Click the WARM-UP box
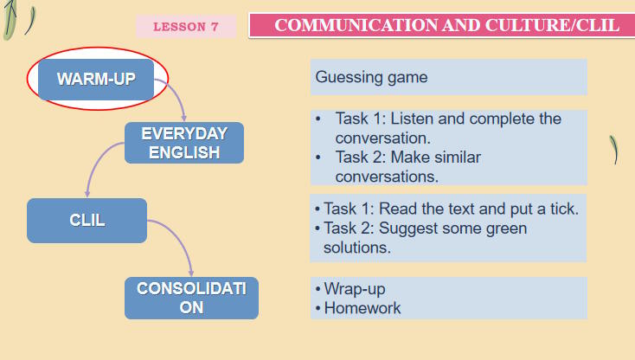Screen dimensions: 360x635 click(x=96, y=80)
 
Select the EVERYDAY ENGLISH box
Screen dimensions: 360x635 click(x=184, y=143)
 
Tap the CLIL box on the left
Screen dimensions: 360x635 click(x=87, y=220)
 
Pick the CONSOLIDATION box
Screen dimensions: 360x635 click(x=191, y=298)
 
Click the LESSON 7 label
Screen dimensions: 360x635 click(x=185, y=27)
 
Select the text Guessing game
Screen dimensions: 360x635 click(x=371, y=77)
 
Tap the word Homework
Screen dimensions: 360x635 click(x=362, y=307)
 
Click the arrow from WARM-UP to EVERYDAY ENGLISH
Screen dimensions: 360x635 click(x=177, y=97)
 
